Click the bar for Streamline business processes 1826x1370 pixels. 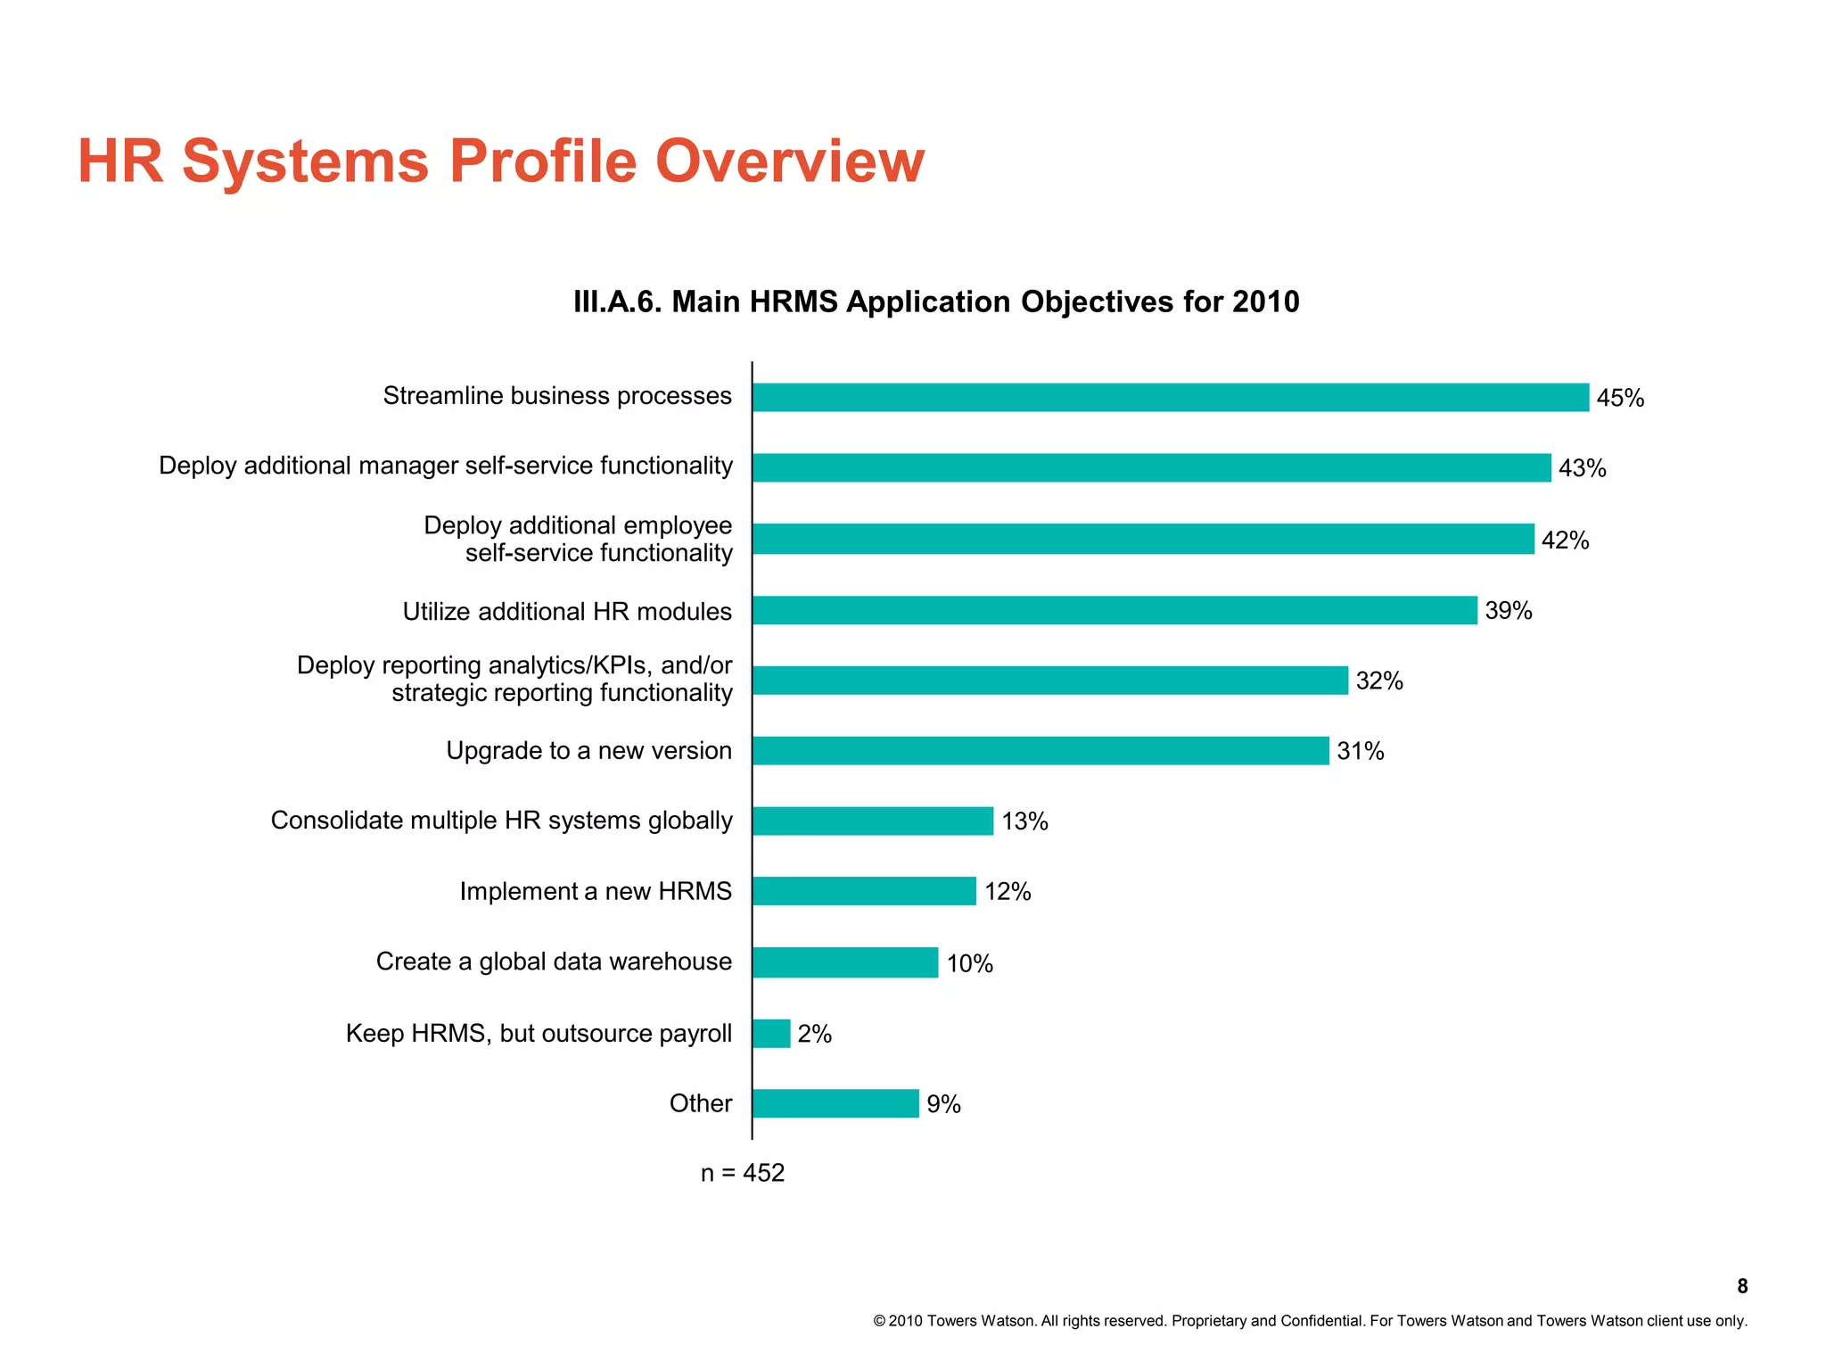1170,397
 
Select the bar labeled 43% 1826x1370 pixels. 1151,467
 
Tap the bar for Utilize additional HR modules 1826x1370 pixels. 1115,610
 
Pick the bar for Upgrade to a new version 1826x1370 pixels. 1040,750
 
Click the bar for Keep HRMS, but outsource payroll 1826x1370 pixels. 771,1033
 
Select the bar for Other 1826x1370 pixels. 835,1103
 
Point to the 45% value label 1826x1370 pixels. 1619,398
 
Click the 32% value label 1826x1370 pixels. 1378,681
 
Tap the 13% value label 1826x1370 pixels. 1024,821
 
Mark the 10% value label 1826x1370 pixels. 969,963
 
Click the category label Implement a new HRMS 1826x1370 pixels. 595,891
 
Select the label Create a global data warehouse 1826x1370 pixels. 553,961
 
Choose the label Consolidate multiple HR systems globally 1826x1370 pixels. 501,821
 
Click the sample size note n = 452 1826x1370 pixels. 742,1172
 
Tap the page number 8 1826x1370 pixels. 1741,1286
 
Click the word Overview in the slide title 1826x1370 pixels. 790,161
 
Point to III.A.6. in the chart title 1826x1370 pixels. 618,301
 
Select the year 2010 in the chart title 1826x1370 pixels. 1265,301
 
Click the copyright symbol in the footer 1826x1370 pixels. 878,1321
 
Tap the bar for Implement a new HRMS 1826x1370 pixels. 864,891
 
